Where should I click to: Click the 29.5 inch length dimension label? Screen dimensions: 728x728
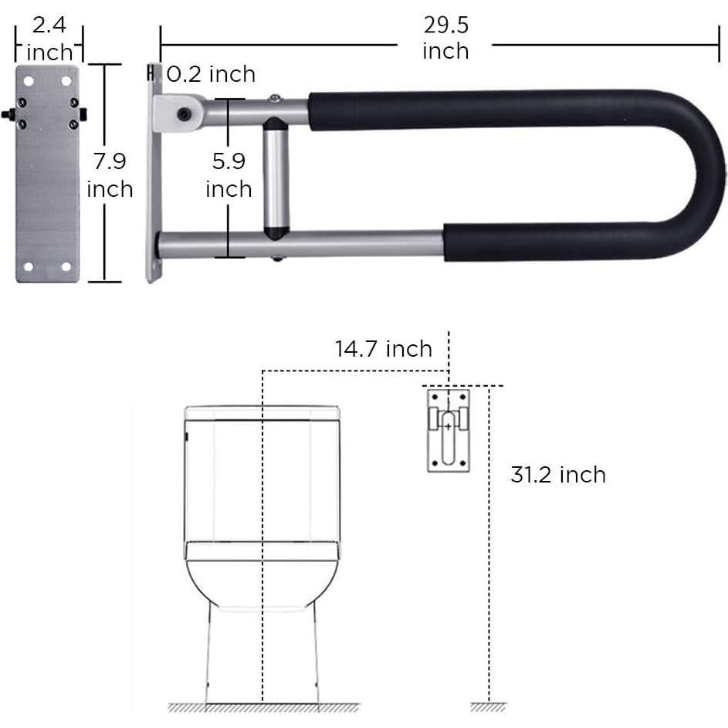[x=445, y=38]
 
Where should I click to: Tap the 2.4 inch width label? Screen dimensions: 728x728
[x=49, y=39]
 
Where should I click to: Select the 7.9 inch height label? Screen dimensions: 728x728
[x=109, y=175]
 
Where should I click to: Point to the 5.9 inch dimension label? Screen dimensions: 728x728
[x=229, y=175]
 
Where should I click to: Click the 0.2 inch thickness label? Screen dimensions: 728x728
[x=211, y=74]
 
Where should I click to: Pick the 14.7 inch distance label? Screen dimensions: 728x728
[x=383, y=349]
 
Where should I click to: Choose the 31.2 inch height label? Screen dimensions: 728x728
[x=557, y=475]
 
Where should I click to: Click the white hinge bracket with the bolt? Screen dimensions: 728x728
[x=177, y=111]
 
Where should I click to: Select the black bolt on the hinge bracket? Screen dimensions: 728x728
[x=183, y=114]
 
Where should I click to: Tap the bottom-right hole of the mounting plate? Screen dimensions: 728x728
[x=66, y=266]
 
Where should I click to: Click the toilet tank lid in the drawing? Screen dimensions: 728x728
[x=262, y=412]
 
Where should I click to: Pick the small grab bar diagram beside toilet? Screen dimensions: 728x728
[x=448, y=428]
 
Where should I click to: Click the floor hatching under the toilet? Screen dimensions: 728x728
[x=263, y=707]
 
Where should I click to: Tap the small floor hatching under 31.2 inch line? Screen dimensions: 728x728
[x=488, y=707]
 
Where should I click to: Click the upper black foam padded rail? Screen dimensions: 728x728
[x=494, y=110]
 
